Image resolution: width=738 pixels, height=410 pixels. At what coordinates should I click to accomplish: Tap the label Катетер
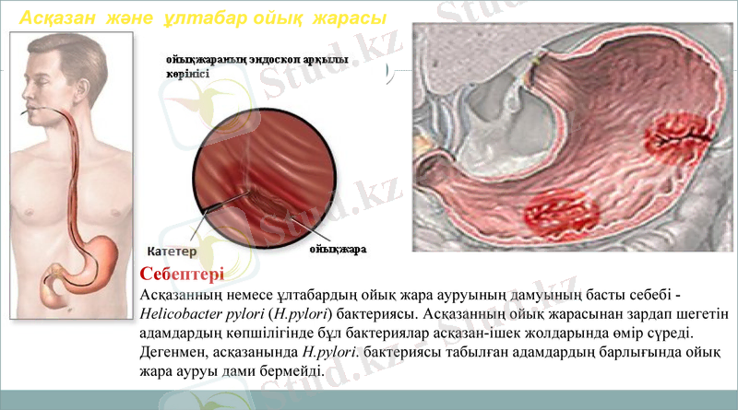point(172,250)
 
